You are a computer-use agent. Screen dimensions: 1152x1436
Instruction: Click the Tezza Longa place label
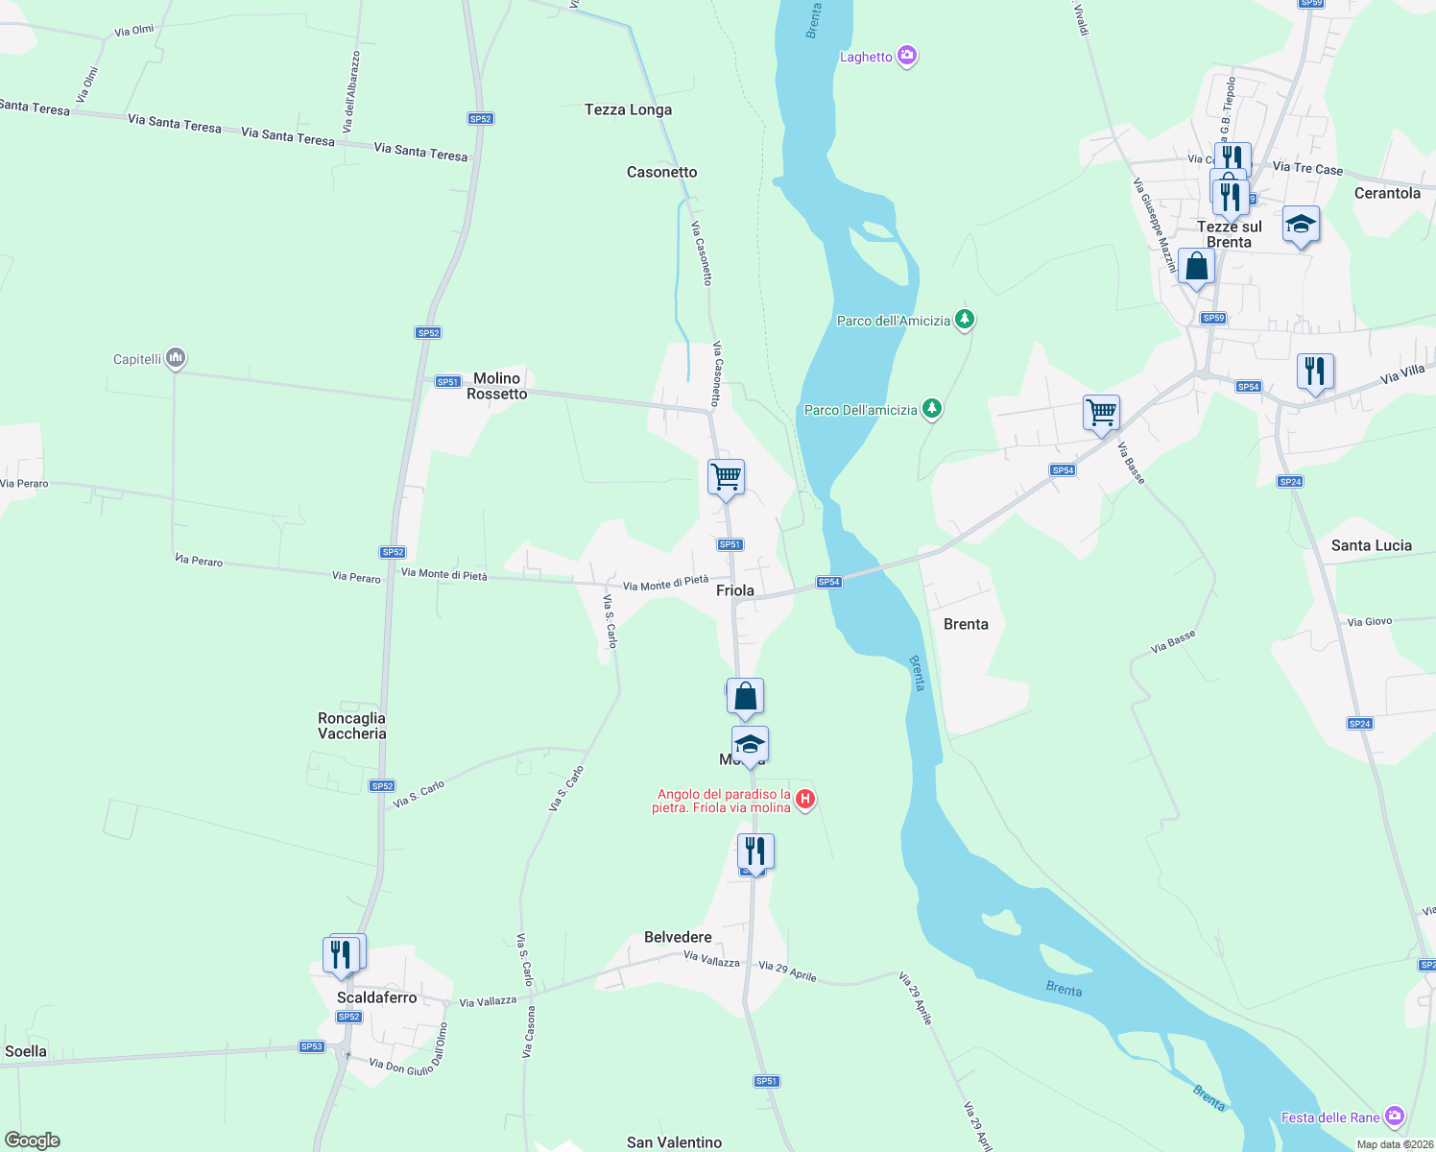tap(628, 109)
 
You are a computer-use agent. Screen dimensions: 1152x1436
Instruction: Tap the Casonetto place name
tap(661, 172)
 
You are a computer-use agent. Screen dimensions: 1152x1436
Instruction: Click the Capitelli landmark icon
tap(175, 358)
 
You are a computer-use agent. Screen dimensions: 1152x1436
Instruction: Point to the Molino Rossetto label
tap(496, 386)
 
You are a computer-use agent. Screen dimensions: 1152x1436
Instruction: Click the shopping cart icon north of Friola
tap(726, 476)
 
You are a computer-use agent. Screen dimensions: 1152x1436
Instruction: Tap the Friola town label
tap(734, 590)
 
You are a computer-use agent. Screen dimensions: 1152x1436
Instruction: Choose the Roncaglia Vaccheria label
tap(351, 726)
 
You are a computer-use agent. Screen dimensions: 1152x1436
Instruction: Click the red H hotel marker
tap(805, 799)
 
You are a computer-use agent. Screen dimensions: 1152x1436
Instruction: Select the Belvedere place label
tap(678, 937)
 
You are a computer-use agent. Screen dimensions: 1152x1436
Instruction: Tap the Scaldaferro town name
tap(376, 997)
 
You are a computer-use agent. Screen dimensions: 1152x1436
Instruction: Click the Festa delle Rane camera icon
tap(1395, 1116)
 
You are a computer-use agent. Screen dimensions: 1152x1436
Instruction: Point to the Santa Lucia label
tap(1371, 545)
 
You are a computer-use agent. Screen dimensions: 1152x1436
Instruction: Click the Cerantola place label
tap(1386, 193)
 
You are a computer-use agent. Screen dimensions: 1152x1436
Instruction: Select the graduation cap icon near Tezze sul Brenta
tap(1301, 225)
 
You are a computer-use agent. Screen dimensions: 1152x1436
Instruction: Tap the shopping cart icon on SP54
tap(1101, 413)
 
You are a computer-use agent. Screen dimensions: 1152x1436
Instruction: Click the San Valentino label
tap(674, 1142)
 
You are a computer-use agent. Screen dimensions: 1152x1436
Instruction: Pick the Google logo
tap(33, 1140)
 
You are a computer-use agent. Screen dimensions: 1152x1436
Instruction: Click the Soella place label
tap(26, 1051)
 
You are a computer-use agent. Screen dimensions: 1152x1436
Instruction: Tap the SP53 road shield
tap(311, 1046)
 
